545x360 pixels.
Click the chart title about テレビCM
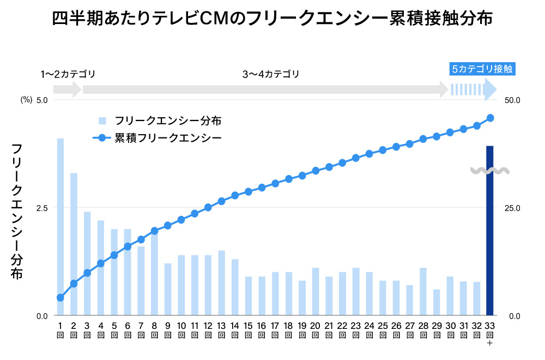click(272, 20)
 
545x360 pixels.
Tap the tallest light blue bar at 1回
click(60, 226)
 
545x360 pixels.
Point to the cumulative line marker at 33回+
click(490, 118)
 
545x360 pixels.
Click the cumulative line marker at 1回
click(60, 298)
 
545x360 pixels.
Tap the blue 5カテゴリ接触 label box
click(482, 69)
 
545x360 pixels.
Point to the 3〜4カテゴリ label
click(271, 74)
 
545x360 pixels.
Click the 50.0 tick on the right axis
click(514, 100)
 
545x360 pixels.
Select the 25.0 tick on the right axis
click(514, 208)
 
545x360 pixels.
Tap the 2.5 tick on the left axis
click(42, 208)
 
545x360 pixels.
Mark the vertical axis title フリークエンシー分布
click(17, 212)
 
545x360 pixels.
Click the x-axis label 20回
click(315, 330)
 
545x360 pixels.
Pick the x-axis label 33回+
click(490, 334)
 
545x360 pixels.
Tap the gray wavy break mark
click(490, 171)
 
